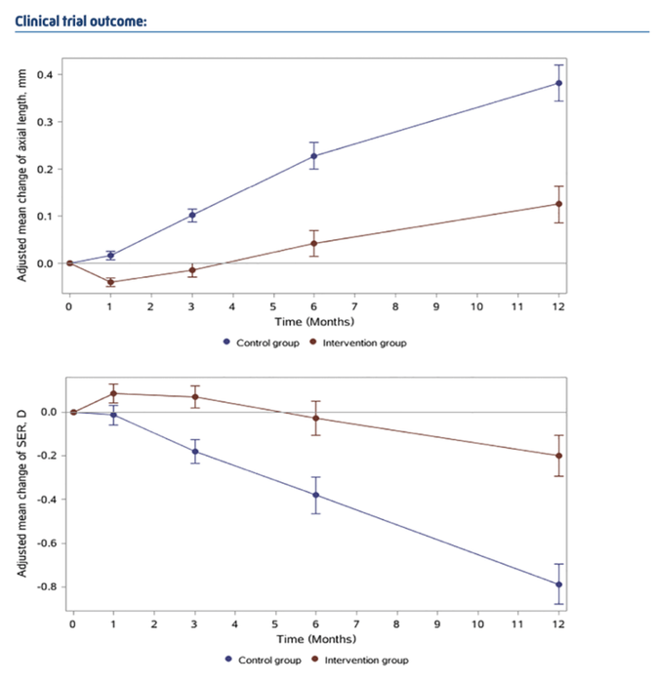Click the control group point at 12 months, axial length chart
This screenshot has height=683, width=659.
[x=558, y=83]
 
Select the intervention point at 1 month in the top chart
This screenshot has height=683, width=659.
[x=110, y=282]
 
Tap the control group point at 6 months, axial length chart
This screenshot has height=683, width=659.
[x=313, y=156]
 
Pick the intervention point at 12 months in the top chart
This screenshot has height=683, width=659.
[x=558, y=204]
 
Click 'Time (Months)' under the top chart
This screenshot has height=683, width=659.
[x=313, y=321]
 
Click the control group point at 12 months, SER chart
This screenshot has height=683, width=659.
[x=559, y=584]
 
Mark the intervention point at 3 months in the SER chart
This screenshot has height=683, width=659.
[x=195, y=397]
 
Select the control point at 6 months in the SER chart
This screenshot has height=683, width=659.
[x=316, y=495]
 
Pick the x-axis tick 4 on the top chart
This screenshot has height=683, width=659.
[x=232, y=306]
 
